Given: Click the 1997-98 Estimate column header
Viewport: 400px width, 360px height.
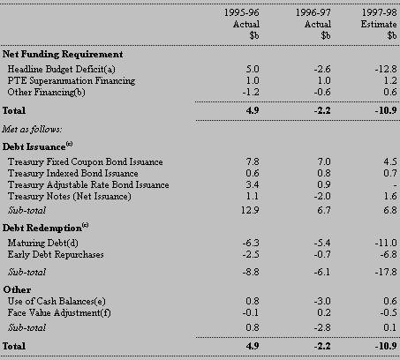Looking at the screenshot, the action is (379, 24).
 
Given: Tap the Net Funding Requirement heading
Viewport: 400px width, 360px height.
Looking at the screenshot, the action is (63, 55).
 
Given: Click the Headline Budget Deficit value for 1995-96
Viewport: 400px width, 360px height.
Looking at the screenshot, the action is (253, 69).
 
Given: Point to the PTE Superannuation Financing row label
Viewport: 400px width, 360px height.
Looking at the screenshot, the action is (72, 81).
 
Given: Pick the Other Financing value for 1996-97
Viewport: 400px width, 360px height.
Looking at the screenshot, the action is (322, 92).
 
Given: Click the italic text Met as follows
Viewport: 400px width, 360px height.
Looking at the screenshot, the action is (32, 129).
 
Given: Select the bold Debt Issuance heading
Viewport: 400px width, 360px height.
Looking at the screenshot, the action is (37, 146).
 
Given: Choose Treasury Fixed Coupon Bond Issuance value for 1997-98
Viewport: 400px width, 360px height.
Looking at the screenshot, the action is (390, 161).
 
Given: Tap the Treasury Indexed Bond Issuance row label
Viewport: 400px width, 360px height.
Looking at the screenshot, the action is (72, 173).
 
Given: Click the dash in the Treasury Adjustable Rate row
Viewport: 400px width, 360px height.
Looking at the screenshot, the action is (395, 185).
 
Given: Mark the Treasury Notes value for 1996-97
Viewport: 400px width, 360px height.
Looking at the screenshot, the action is (322, 196).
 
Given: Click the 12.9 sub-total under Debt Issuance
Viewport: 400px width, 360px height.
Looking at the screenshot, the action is (250, 210).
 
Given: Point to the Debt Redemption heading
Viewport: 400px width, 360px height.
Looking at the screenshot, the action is (45, 228).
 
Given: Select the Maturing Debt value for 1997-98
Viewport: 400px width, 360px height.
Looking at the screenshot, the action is (386, 243).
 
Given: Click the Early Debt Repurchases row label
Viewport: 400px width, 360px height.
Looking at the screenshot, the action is (56, 254).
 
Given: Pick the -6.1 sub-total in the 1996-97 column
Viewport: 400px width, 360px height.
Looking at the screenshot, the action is (322, 272).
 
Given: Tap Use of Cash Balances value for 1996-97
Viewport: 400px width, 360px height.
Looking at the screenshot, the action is (322, 301).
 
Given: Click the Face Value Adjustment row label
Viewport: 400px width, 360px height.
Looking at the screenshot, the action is (59, 312).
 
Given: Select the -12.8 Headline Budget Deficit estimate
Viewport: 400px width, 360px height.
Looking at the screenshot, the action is (386, 69).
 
